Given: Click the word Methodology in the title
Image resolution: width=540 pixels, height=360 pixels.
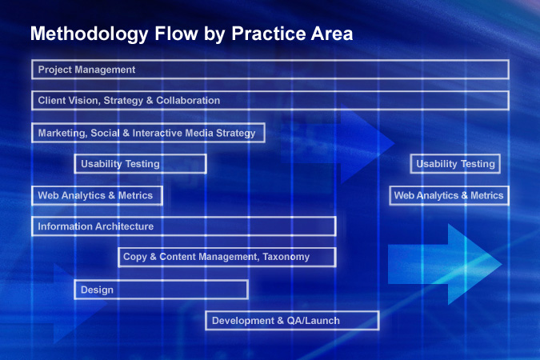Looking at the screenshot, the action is coord(89,34).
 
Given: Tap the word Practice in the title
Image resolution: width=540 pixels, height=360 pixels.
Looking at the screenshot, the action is coord(268,34).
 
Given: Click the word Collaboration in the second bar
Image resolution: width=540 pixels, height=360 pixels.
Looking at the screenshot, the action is coord(188,101).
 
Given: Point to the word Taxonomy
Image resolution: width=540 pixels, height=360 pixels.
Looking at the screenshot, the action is coord(286,258).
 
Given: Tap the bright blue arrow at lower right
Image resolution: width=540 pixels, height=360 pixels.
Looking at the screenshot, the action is coord(445,264).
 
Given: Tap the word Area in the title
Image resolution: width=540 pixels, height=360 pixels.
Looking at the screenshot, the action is coord(332,34).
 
